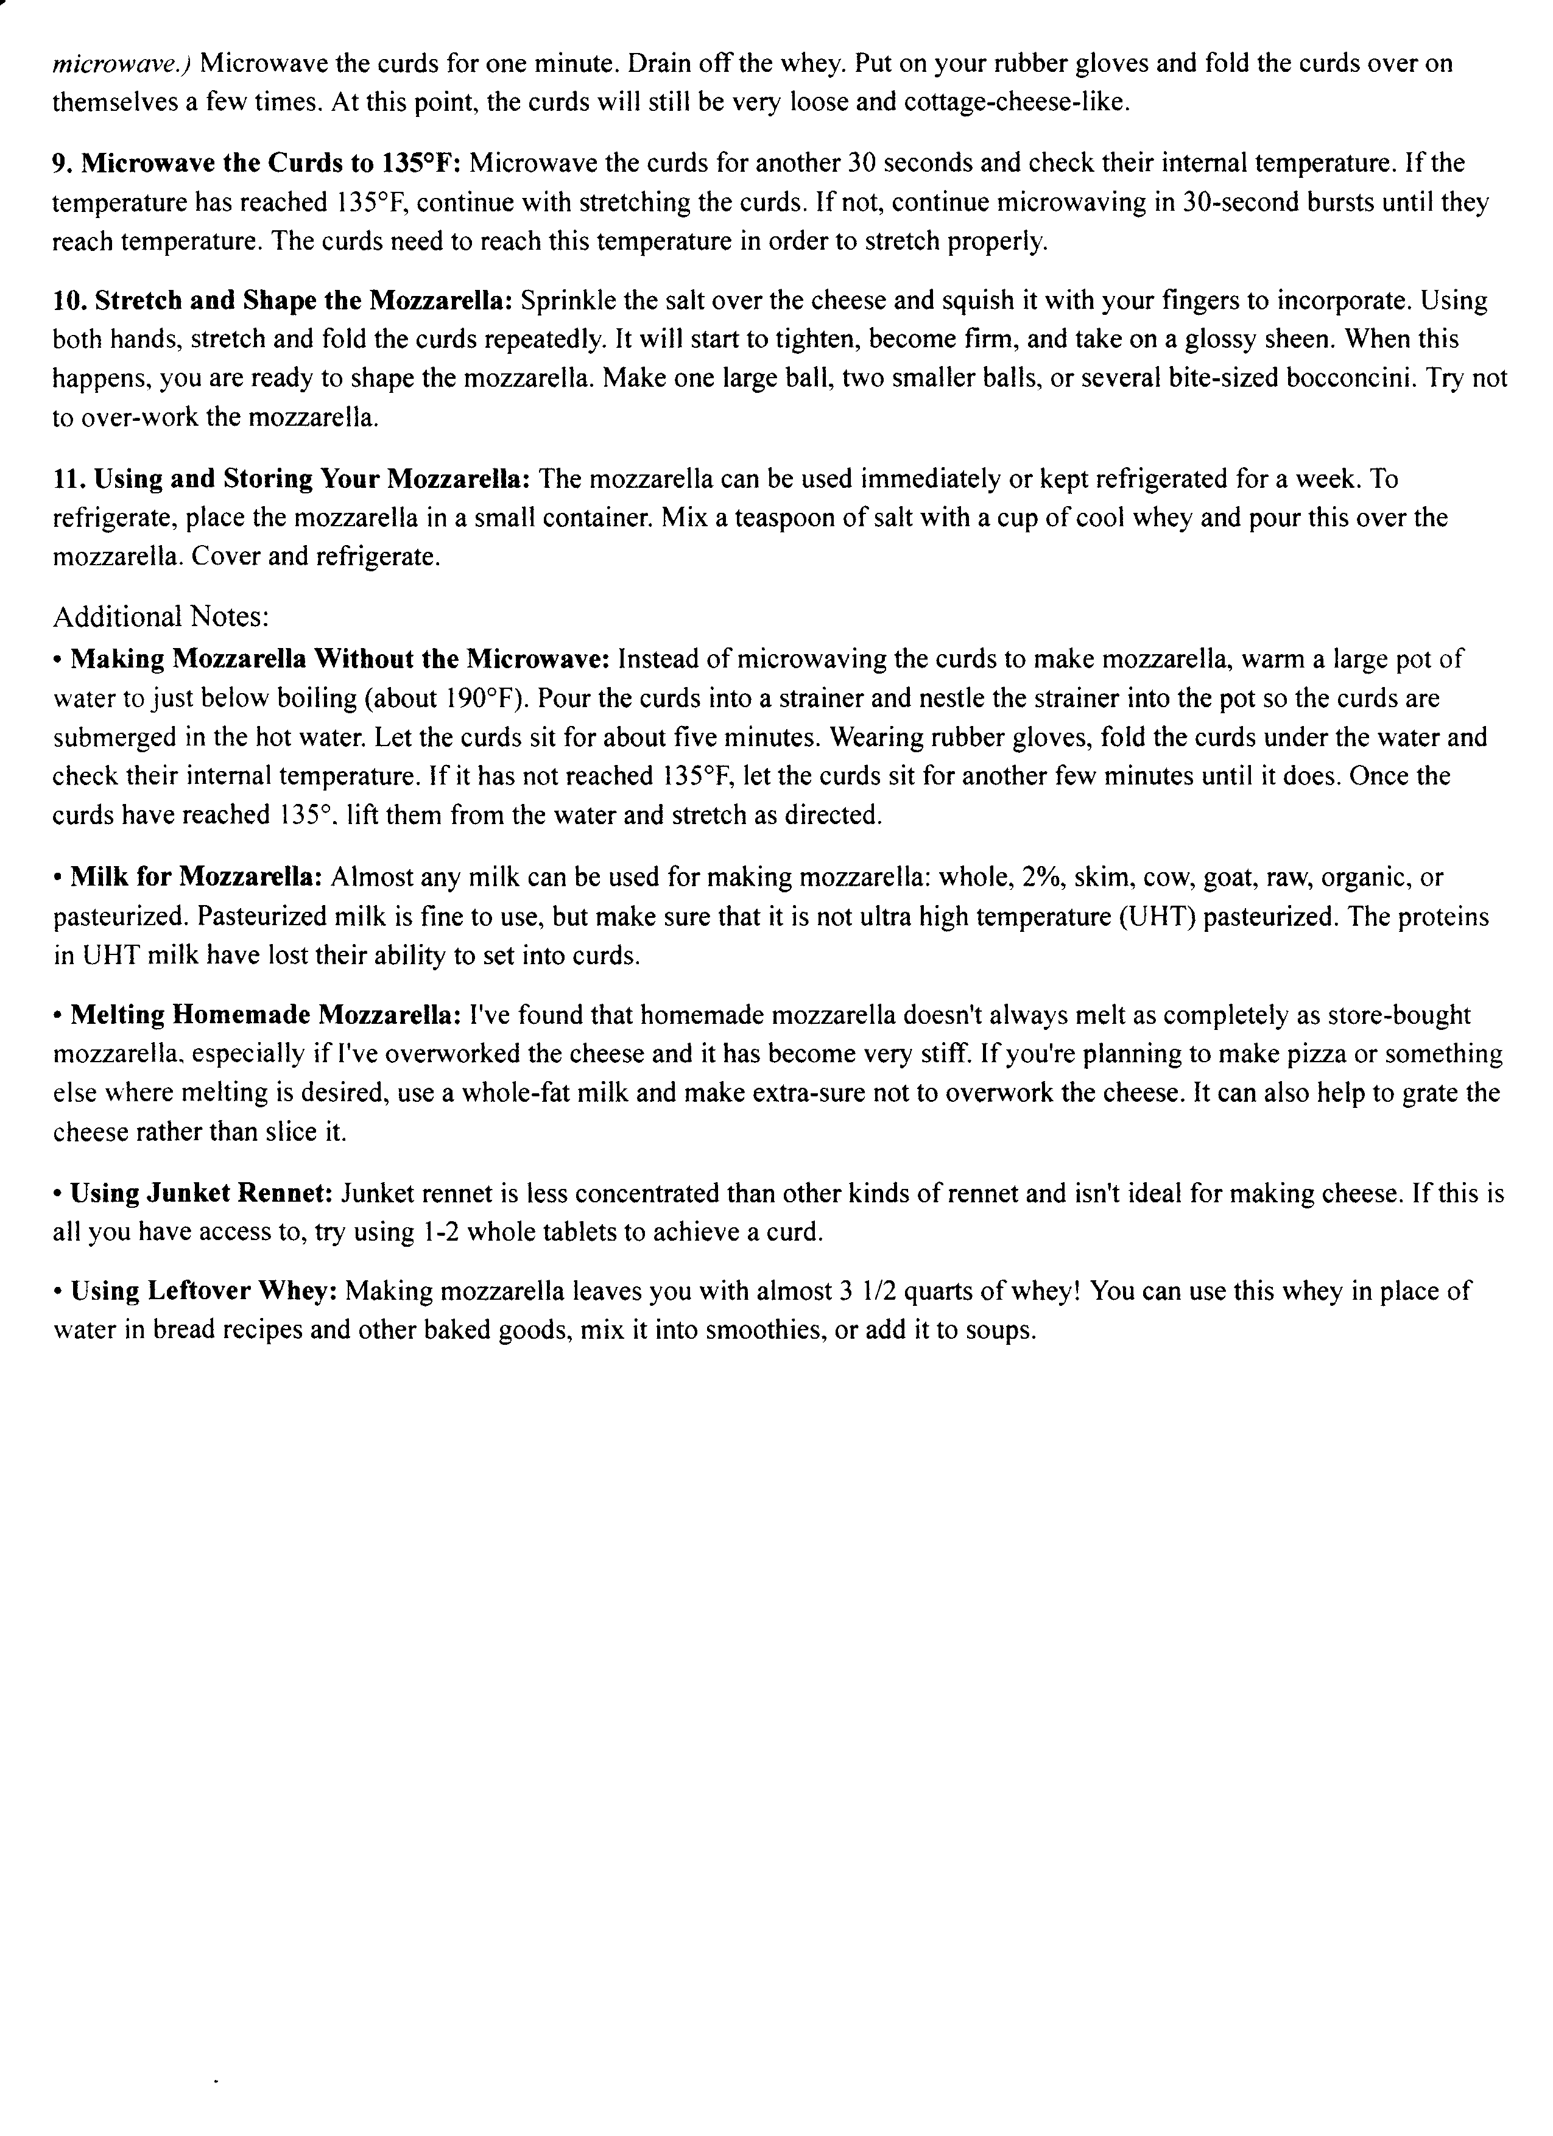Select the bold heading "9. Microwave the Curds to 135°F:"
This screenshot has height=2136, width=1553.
pos(255,163)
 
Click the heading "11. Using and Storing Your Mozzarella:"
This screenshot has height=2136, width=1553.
pos(291,479)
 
